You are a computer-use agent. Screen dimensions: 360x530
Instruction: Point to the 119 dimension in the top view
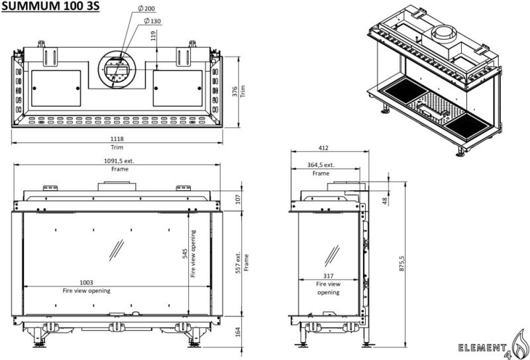[x=153, y=36]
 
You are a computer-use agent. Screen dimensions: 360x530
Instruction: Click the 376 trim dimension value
[x=235, y=91]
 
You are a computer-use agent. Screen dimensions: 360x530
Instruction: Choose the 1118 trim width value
[x=117, y=139]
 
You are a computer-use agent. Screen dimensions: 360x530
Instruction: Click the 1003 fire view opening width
[x=86, y=282]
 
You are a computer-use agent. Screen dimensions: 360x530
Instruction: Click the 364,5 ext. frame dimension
[x=321, y=165]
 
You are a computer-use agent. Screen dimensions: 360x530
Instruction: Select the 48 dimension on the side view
[x=384, y=199]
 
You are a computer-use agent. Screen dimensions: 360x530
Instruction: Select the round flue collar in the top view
[x=119, y=68]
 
